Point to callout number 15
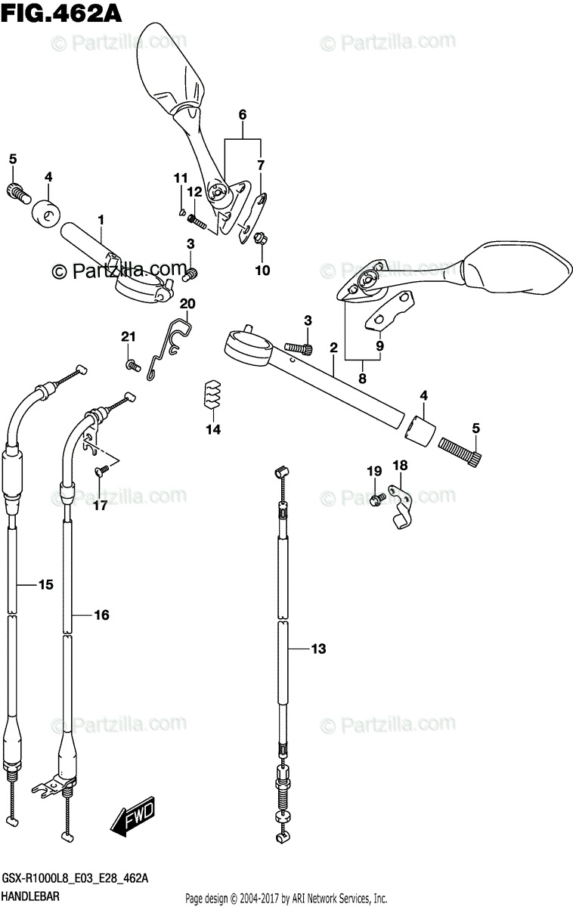45,584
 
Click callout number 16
101,615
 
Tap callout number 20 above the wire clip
187,304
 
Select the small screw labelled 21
132,365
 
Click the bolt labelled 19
376,500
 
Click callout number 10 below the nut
262,270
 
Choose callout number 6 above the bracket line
243,115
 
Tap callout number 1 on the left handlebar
100,219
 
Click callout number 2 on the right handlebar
333,348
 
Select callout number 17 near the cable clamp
101,506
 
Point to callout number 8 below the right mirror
362,379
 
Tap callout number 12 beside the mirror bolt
194,192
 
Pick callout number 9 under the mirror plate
379,346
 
